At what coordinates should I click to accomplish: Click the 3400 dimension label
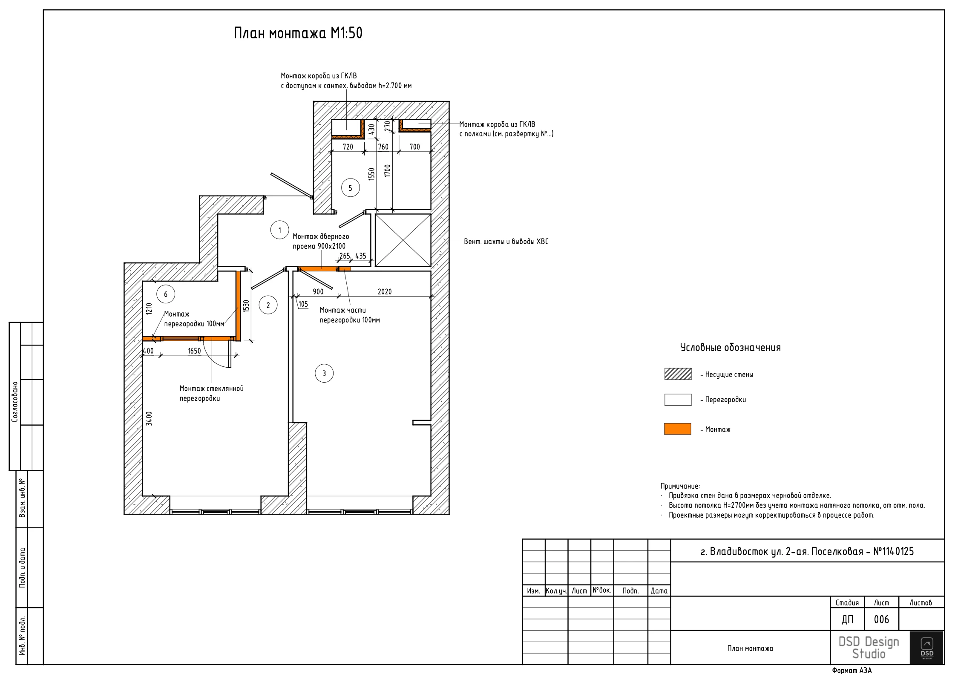click(x=149, y=418)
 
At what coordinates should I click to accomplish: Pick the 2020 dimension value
click(x=385, y=292)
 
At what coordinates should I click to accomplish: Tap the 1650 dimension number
click(x=194, y=351)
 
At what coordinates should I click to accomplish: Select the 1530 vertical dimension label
click(x=246, y=306)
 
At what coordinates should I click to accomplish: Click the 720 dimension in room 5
click(x=348, y=147)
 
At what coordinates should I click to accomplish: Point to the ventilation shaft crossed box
click(x=403, y=240)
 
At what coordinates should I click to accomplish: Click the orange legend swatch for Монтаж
click(x=678, y=429)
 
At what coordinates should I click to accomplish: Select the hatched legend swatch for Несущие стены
click(x=678, y=374)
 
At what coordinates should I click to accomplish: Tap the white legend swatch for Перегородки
click(x=678, y=400)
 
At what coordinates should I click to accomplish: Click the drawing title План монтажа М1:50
click(x=298, y=33)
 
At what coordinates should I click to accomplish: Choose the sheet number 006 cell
click(x=881, y=619)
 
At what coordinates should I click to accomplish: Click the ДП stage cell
click(x=847, y=619)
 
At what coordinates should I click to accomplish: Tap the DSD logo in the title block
click(x=926, y=648)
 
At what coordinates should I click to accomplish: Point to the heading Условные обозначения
click(x=730, y=348)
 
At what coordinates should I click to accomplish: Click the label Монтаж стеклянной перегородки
click(x=211, y=394)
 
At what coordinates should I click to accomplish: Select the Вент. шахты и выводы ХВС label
click(x=506, y=242)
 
